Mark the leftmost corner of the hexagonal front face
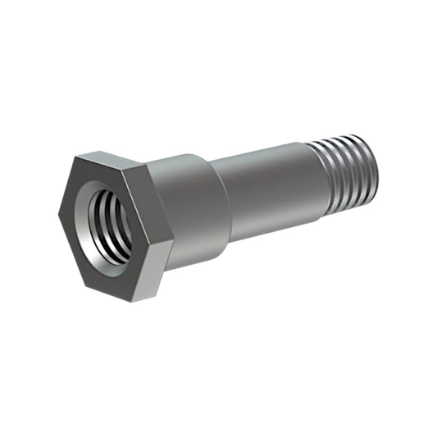click(58, 217)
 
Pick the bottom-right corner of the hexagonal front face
click(151, 300)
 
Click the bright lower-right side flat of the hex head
click(164, 271)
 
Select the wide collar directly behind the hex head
click(197, 209)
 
